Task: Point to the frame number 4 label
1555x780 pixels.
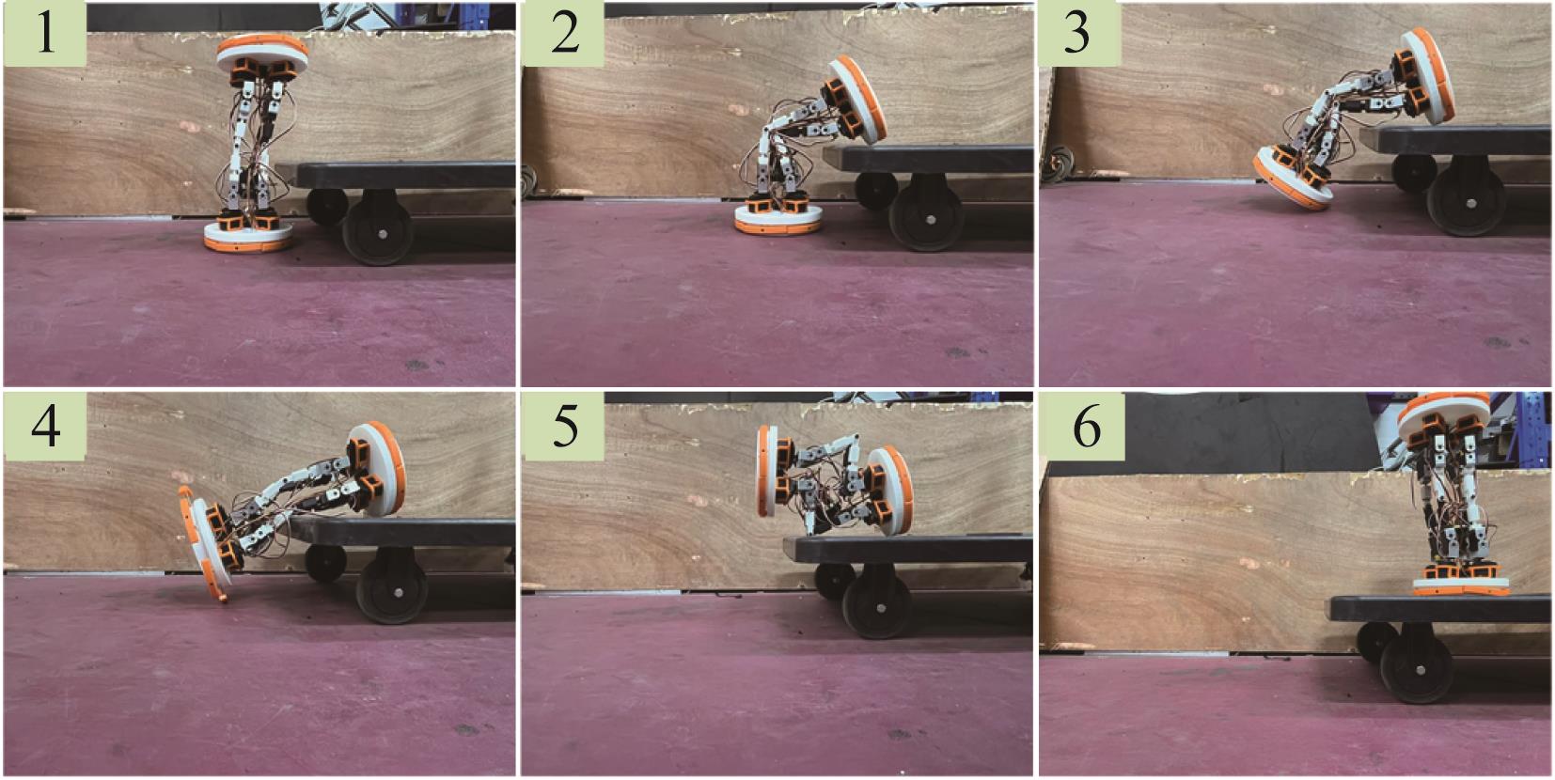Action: coord(46,426)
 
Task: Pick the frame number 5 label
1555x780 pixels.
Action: coord(564,426)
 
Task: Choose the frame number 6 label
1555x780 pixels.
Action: coord(1084,426)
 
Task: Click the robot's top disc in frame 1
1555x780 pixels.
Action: coord(262,52)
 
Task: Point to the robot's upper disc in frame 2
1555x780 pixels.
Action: coord(858,101)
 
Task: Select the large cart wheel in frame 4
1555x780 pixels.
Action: coord(392,587)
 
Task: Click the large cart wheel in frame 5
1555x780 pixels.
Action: coord(877,602)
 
